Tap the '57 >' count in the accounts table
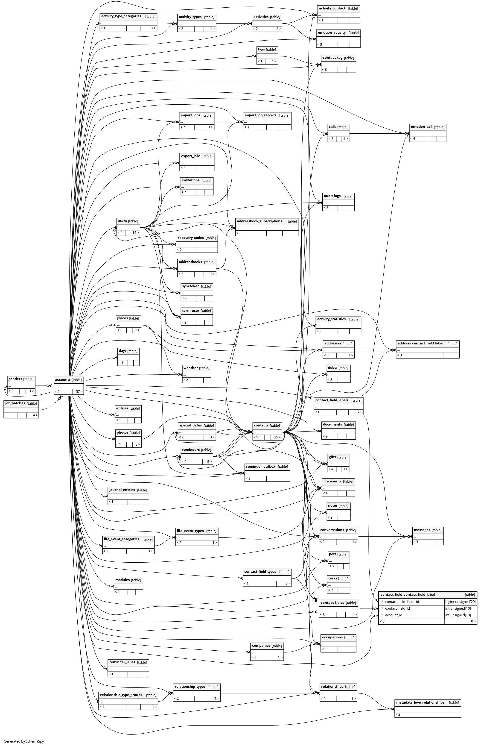79,392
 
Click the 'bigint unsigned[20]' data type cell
460,602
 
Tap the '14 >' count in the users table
135,232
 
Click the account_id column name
394,615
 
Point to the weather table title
190,368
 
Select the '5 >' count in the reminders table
209,462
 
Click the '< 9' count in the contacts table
256,437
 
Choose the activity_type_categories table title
121,16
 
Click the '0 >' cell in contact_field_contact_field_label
473,621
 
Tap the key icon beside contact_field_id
382,608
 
